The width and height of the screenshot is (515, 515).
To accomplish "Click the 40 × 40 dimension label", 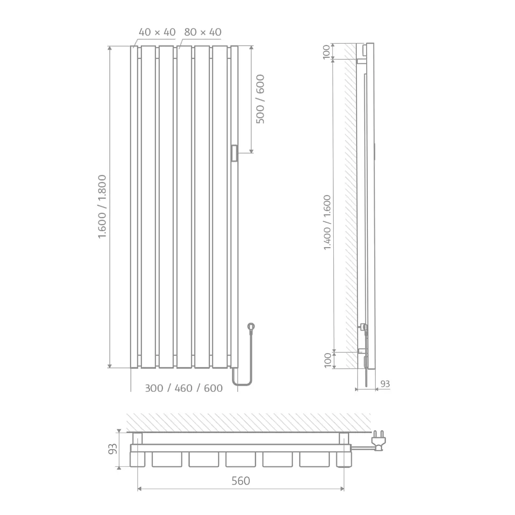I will pyautogui.click(x=157, y=32).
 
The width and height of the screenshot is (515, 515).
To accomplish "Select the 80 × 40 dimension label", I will pyautogui.click(x=203, y=32).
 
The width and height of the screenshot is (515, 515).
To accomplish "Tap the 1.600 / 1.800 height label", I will pyautogui.click(x=102, y=206).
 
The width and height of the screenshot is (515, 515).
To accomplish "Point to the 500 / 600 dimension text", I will pyautogui.click(x=260, y=99).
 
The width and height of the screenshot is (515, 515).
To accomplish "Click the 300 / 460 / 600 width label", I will pyautogui.click(x=184, y=388).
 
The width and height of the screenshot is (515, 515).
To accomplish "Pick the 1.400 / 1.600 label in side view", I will pyautogui.click(x=327, y=222).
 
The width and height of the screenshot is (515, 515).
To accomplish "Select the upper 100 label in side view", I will pyautogui.click(x=327, y=52).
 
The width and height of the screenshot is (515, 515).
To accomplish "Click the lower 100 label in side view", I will pyautogui.click(x=327, y=360).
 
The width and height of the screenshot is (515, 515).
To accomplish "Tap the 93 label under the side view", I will pyautogui.click(x=384, y=384).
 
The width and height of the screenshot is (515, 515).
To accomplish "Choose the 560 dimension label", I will pyautogui.click(x=241, y=481).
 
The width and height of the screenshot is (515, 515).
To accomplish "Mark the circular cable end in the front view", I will pyautogui.click(x=250, y=327).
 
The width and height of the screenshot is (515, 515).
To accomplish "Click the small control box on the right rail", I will pyautogui.click(x=234, y=153).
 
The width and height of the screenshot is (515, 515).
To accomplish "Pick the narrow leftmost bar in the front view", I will pyautogui.click(x=134, y=206).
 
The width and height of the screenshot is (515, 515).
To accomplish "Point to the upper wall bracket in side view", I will pyautogui.click(x=361, y=61).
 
